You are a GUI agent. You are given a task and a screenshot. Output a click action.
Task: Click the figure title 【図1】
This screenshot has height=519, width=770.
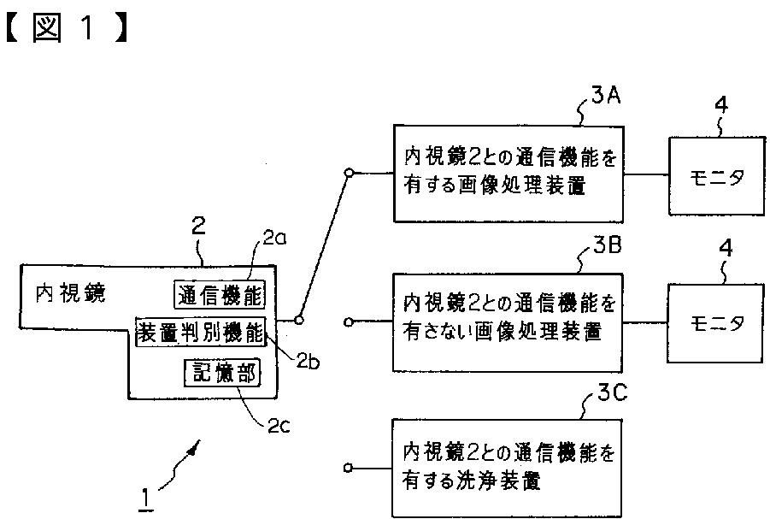(x=68, y=27)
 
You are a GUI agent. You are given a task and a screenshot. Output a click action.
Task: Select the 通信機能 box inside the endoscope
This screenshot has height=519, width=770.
(x=220, y=294)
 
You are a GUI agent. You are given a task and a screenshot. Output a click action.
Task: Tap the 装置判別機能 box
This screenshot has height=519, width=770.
(x=201, y=333)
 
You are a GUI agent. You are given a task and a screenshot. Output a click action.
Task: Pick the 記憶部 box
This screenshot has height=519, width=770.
(x=222, y=374)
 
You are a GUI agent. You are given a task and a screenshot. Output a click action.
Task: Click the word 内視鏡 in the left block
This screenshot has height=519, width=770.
(x=71, y=293)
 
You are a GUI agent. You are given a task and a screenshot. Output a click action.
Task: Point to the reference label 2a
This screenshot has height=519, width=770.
(x=275, y=239)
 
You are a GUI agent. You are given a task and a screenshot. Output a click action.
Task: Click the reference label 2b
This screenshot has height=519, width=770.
(x=308, y=362)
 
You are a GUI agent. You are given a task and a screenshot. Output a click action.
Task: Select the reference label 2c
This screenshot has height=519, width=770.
(x=279, y=425)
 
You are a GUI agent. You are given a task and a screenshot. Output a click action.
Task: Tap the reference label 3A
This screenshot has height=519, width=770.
(x=606, y=95)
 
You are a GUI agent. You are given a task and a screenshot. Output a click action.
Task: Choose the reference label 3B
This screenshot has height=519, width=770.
(x=607, y=245)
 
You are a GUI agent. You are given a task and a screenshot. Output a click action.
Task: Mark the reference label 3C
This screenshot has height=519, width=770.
(x=613, y=392)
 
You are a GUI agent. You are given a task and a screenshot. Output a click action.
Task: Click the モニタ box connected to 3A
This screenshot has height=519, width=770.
(x=717, y=175)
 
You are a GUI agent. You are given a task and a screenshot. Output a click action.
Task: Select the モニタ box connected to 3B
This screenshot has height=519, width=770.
(x=715, y=323)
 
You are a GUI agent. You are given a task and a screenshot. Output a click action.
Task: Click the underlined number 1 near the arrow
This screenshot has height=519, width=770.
(x=145, y=498)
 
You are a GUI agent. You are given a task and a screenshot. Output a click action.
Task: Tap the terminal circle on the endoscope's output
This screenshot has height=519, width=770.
(x=298, y=320)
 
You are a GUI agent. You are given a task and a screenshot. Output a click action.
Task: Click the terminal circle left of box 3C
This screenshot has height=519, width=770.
(x=348, y=468)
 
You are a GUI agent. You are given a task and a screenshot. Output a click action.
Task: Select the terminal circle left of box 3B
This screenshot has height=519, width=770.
(x=348, y=322)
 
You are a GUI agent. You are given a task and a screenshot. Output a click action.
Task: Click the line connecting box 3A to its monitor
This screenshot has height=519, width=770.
(x=646, y=174)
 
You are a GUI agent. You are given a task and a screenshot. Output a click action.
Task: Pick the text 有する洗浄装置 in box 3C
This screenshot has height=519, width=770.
(x=472, y=481)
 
